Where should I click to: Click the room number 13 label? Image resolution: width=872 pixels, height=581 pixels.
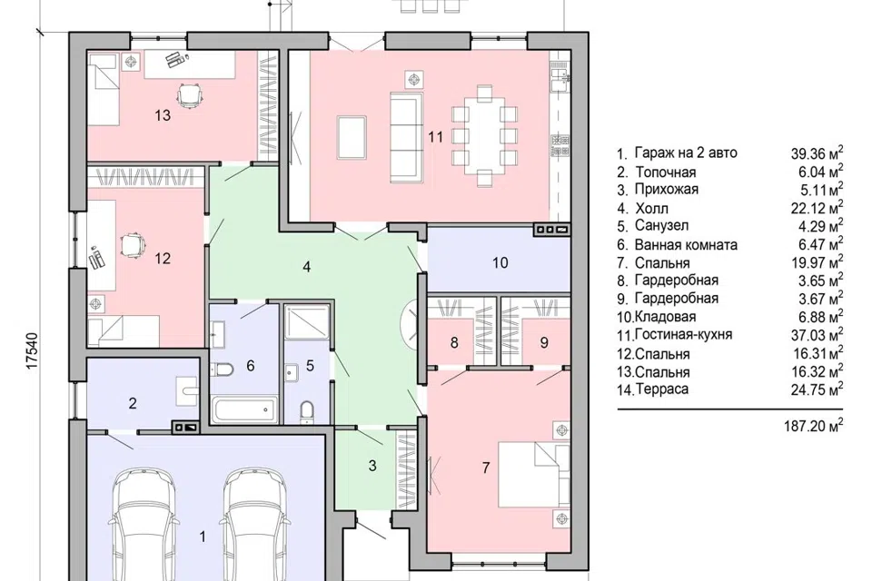pos(163,115)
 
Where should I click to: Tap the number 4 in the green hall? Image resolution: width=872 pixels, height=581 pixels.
pos(306,267)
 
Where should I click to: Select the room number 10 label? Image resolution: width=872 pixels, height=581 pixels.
pos(500,262)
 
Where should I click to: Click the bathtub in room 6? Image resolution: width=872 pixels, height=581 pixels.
pos(244,409)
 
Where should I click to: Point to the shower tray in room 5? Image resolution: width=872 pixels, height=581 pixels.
pos(307,321)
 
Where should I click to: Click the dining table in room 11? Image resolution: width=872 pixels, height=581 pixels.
pos(484,136)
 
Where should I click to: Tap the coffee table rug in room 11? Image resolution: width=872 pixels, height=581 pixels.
pos(352,137)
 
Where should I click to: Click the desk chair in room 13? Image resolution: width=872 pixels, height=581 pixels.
pos(190,94)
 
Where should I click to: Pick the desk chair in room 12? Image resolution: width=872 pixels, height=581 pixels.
pos(133,245)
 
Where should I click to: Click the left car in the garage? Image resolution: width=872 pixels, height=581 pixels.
pos(143,523)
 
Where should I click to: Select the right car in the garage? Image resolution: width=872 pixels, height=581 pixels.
pos(254,523)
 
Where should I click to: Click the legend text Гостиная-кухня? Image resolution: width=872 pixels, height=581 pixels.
pos(683,335)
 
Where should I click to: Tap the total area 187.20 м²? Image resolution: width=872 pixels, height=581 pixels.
pos(814,426)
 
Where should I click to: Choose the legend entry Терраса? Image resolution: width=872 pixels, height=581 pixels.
pos(661,389)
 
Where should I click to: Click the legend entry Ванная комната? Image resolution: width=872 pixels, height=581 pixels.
pos(686,244)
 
